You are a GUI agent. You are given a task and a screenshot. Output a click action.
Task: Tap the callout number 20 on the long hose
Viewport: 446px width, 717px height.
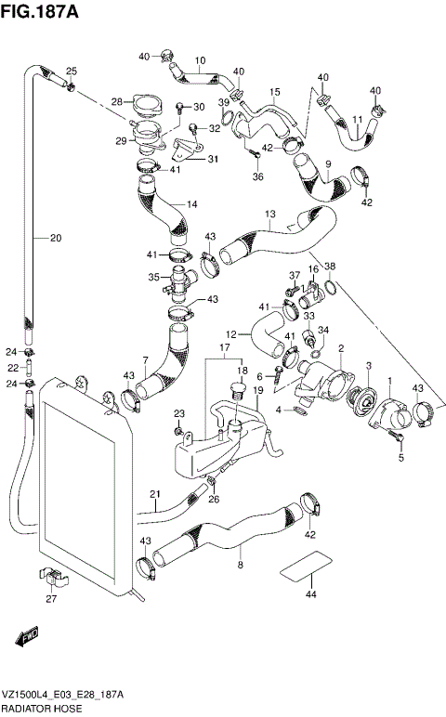[x=55, y=238]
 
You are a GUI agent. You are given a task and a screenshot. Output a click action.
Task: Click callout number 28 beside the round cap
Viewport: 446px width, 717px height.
[x=117, y=102]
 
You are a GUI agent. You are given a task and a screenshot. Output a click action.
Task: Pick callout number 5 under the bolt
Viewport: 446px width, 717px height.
[x=401, y=457]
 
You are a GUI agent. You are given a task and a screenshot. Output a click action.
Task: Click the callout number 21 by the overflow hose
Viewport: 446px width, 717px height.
[x=156, y=493]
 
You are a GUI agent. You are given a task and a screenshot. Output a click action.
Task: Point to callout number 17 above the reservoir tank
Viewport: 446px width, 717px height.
[x=224, y=349]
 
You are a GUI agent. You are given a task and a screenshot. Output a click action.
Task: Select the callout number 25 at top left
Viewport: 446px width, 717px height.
[x=71, y=72]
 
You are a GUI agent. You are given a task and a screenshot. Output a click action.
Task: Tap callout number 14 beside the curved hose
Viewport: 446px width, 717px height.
[x=192, y=204]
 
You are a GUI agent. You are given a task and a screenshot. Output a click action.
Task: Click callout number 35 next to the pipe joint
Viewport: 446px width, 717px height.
[x=153, y=277]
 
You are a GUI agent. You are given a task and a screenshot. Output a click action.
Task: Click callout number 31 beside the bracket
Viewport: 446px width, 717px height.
[x=213, y=159]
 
